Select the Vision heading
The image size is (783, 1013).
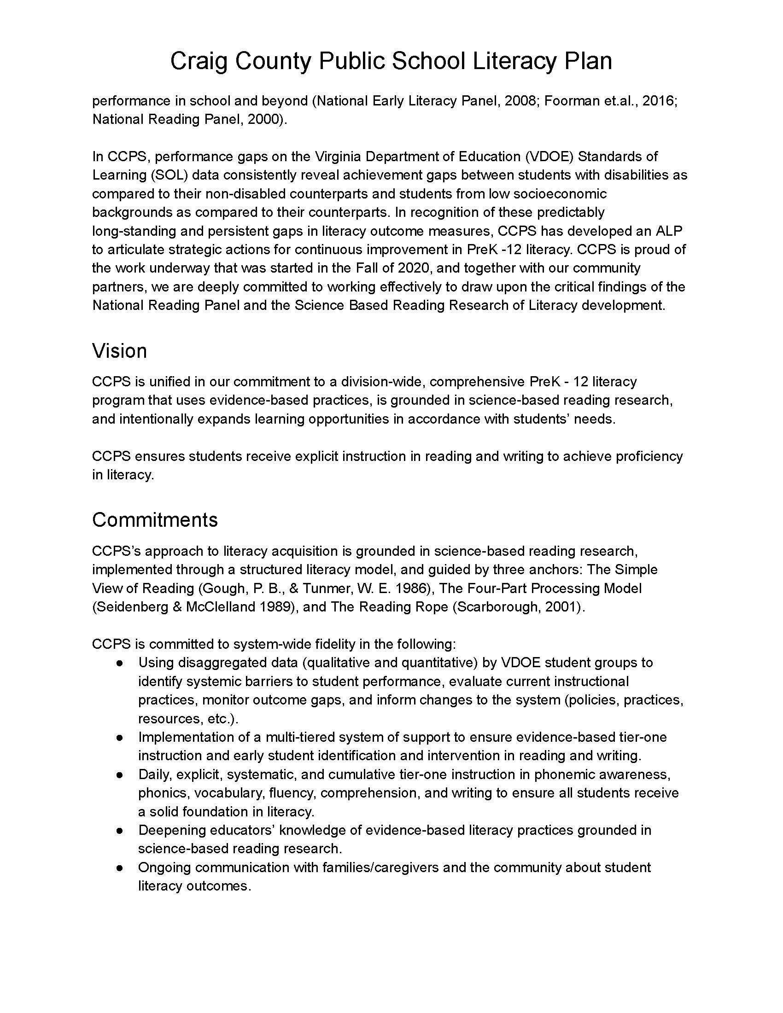[119, 351]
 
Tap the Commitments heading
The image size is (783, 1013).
[154, 520]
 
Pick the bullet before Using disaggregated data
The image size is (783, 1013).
[120, 663]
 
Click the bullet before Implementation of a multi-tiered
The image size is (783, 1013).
[120, 737]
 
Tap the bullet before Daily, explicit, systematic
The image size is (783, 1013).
[120, 774]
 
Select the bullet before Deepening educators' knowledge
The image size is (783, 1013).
[120, 830]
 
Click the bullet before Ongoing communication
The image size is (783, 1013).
[120, 867]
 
